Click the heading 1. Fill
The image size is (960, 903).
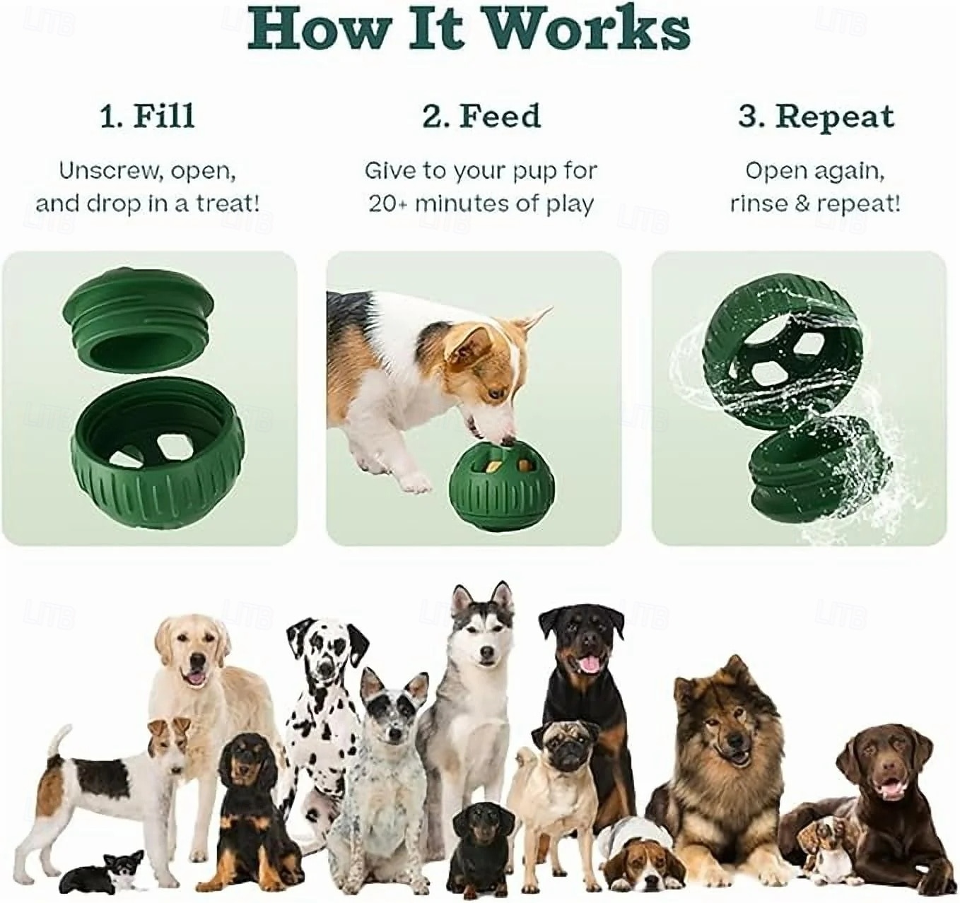[148, 117]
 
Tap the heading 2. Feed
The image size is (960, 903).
[481, 117]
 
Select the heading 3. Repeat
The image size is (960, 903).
[816, 117]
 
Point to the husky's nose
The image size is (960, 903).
[486, 652]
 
